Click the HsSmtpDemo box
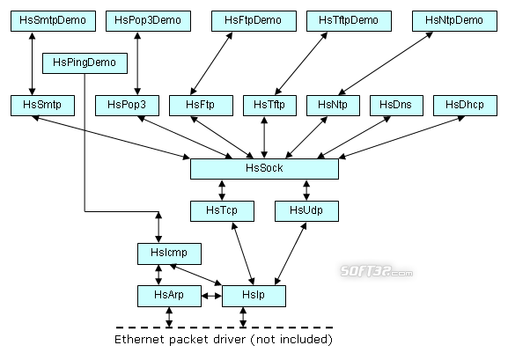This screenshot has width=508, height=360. [53, 21]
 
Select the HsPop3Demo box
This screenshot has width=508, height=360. [149, 21]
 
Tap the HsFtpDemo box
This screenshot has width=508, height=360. [254, 21]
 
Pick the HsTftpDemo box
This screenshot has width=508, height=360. [349, 21]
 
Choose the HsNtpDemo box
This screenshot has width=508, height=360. [454, 21]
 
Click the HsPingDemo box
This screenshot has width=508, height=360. [85, 63]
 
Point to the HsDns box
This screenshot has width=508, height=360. [396, 106]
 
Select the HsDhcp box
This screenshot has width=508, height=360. [465, 106]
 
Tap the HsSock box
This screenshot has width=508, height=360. [264, 169]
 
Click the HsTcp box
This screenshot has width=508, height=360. [222, 211]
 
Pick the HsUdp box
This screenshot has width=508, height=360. [306, 211]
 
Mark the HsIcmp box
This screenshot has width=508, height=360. [169, 253]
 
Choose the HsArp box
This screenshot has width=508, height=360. [169, 296]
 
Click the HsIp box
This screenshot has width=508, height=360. [254, 296]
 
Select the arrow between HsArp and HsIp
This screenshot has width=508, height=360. [211, 296]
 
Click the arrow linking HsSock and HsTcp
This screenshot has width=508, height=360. [222, 190]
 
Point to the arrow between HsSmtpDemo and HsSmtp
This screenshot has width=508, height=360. [32, 63]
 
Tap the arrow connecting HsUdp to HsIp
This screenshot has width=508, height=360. [291, 253]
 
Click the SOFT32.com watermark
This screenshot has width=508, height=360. [377, 271]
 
